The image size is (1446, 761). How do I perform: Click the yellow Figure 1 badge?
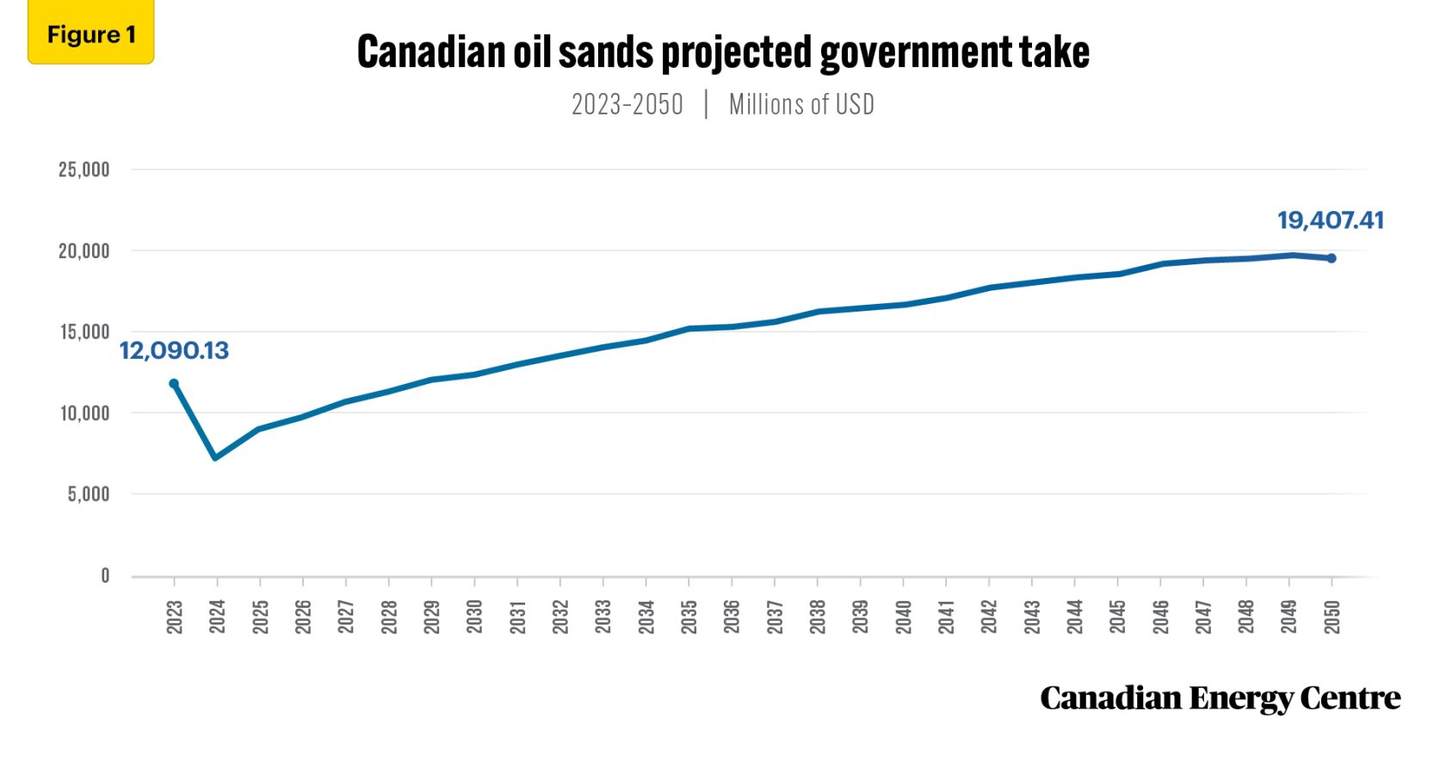click(x=90, y=34)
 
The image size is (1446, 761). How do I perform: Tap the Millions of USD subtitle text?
click(x=801, y=105)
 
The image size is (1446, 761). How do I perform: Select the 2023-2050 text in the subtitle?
click(x=627, y=105)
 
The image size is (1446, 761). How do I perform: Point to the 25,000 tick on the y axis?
click(x=84, y=170)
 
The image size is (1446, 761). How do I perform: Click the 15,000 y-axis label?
click(x=84, y=332)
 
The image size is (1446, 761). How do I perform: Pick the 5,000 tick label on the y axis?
click(x=89, y=494)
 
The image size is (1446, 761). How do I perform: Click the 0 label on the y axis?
click(x=105, y=576)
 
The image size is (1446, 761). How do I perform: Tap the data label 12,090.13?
click(x=174, y=351)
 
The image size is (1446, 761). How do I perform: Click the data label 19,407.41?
click(x=1330, y=220)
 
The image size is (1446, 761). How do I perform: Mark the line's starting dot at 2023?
click(x=174, y=384)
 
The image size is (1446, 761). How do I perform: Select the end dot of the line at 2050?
click(x=1332, y=258)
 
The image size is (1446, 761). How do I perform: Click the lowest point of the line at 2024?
click(x=215, y=457)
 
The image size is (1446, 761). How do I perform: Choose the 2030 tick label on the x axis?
click(x=474, y=617)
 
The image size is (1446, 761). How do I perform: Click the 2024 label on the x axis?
click(x=217, y=617)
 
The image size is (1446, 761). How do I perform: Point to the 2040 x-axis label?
click(x=903, y=617)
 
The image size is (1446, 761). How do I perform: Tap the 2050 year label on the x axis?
click(x=1332, y=617)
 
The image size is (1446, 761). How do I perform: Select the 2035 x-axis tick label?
click(x=689, y=617)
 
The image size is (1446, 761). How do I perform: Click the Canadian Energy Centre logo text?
click(x=1220, y=698)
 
